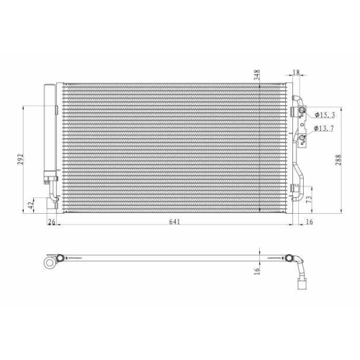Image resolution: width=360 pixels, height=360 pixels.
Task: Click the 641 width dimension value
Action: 174,222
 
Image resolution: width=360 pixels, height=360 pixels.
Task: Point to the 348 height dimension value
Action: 257,75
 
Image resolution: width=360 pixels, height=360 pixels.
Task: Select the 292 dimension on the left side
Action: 21,159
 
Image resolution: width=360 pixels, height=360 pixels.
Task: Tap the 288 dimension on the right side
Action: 338,160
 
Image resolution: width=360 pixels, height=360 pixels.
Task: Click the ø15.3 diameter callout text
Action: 325,115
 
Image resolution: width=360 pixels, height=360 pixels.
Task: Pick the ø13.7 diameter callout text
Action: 324,128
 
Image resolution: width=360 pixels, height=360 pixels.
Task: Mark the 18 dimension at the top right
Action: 297,72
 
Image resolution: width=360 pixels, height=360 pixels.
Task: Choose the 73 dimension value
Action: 310,199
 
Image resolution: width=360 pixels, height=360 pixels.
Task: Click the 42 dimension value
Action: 30,205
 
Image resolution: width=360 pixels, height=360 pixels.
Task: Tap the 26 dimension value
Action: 51,222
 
